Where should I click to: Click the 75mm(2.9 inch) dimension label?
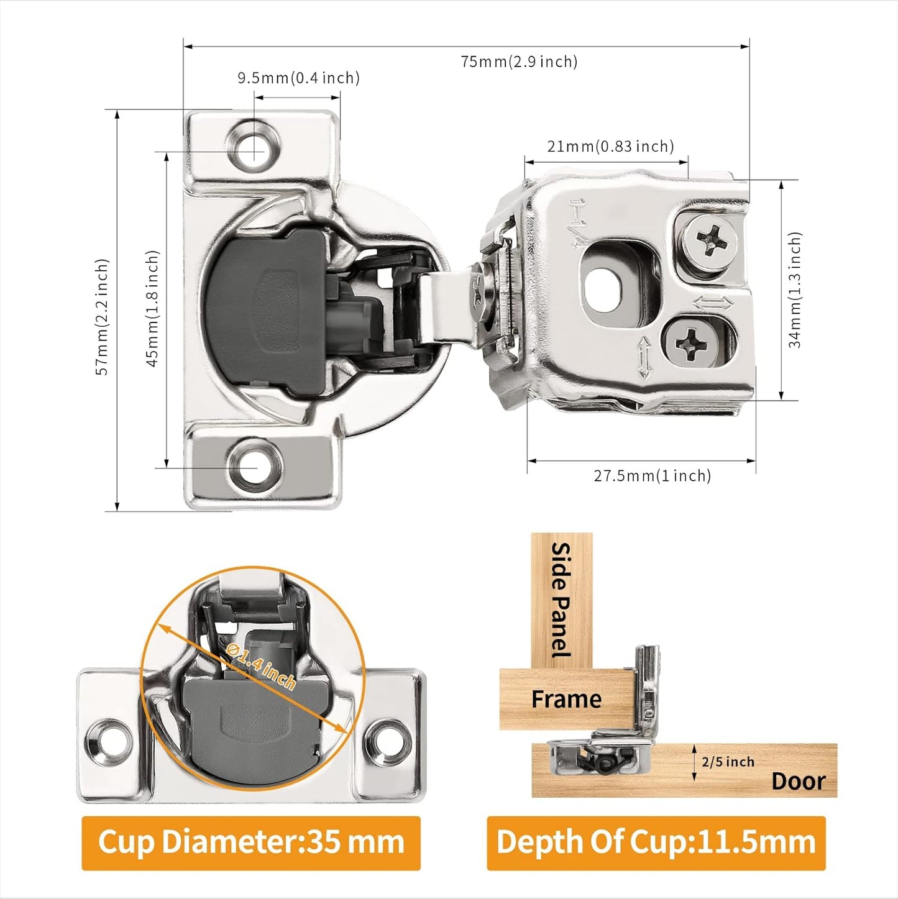(519, 62)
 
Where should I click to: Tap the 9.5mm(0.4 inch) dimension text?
(298, 78)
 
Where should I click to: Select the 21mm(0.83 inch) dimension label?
(610, 147)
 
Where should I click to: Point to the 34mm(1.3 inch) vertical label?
(795, 290)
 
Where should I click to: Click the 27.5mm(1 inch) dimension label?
(652, 476)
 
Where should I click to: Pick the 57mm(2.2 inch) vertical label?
(102, 317)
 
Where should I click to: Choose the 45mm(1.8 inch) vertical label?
(153, 309)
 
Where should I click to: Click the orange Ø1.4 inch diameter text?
(261, 667)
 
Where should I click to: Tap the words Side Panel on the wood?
(561, 600)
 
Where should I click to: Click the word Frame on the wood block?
(566, 700)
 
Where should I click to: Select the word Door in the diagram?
(799, 781)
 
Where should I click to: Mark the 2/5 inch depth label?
(728, 762)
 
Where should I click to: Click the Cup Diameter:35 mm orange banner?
(251, 843)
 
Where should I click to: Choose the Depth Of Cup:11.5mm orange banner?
(656, 843)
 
